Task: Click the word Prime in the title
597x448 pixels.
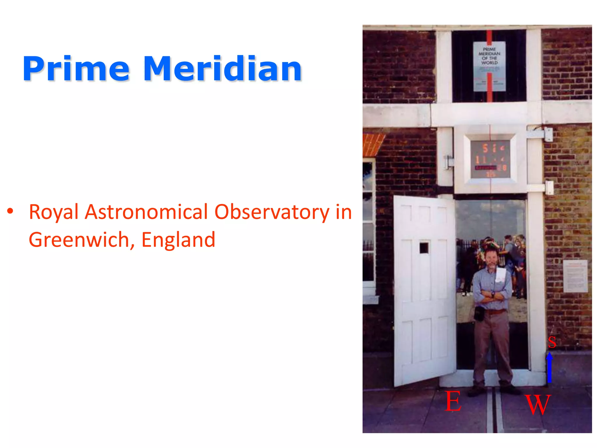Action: pos(76,69)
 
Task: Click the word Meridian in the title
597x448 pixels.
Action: pos(222,69)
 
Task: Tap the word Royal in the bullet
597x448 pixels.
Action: pos(54,212)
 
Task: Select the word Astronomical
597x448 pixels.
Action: pos(146,212)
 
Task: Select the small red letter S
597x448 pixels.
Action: pos(552,342)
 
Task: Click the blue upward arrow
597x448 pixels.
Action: pos(549,367)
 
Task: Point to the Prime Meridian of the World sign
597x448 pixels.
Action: pos(489,66)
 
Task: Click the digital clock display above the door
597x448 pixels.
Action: pos(490,159)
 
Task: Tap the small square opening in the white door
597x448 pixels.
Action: pos(424,248)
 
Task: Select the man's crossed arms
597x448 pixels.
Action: pos(492,296)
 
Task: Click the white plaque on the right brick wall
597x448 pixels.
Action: pos(575,276)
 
